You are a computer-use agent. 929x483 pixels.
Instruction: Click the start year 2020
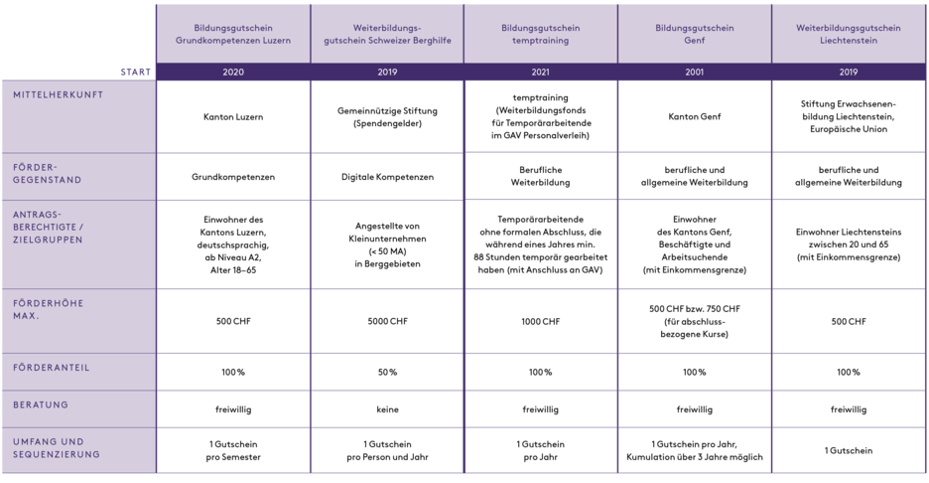point(232,72)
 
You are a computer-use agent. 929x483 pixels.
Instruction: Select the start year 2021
point(540,72)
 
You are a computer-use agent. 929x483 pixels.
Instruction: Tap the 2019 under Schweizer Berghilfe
point(387,72)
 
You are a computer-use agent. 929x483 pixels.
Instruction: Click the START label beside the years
point(136,72)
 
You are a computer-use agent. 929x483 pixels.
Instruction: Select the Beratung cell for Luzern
point(232,407)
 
